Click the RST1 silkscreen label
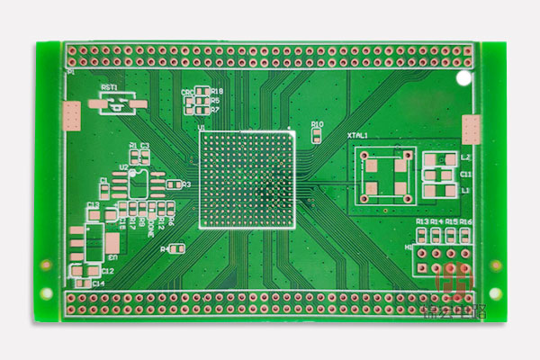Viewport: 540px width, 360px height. tap(110, 87)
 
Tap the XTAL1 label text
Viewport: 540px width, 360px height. tap(358, 135)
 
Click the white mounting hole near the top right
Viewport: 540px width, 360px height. tap(463, 79)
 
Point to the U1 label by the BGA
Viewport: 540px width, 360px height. tap(202, 128)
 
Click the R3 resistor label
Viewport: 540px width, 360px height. tap(186, 184)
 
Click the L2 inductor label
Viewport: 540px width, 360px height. tap(465, 157)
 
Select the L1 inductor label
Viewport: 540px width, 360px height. tap(465, 191)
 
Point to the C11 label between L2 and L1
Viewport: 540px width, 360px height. tap(465, 174)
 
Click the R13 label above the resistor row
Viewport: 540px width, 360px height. tap(421, 221)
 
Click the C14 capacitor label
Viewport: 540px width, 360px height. tap(98, 283)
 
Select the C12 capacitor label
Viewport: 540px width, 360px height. tap(107, 270)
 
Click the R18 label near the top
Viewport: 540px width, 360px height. tap(217, 92)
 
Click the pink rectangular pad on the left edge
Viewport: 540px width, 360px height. tap(72, 115)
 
